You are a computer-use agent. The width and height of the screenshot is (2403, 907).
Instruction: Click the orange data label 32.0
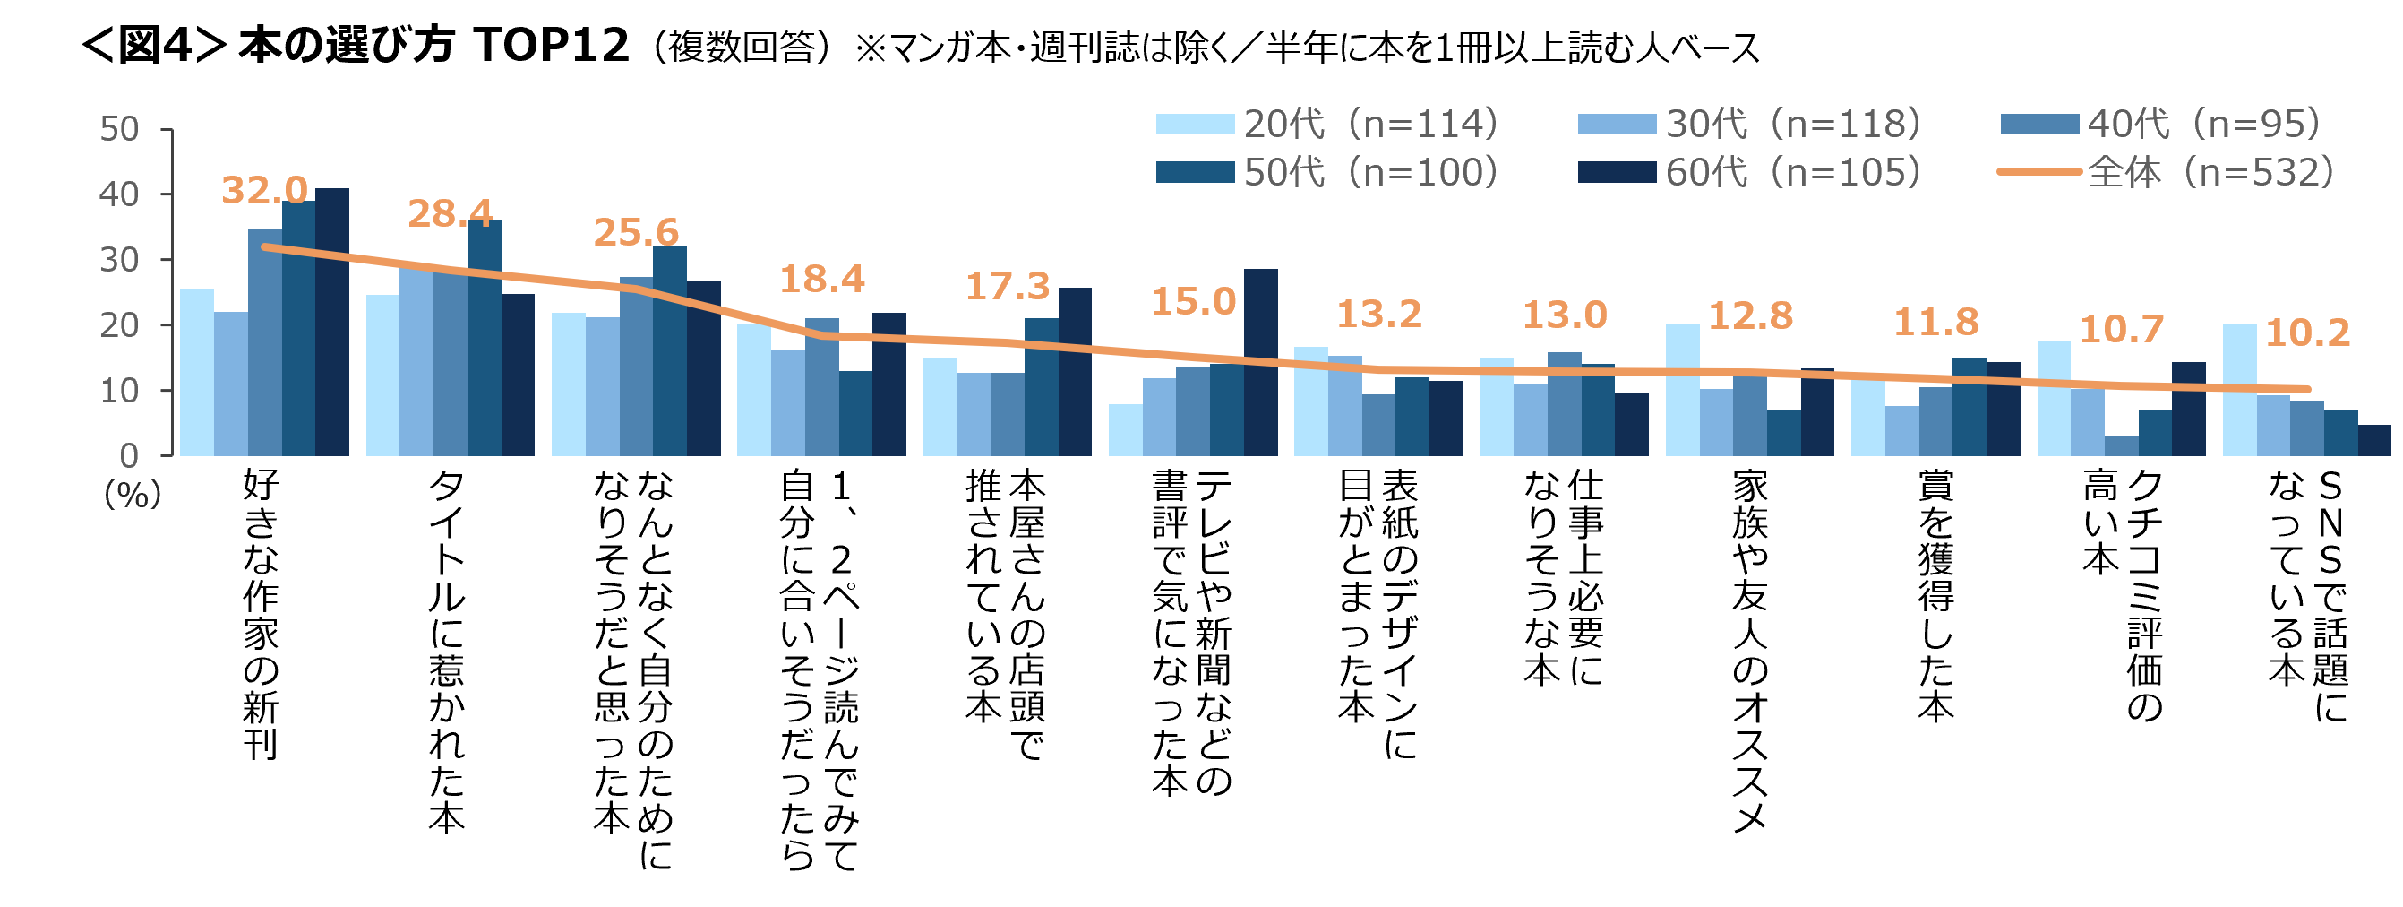[x=265, y=190]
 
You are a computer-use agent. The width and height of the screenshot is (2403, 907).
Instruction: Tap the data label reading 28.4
[x=451, y=213]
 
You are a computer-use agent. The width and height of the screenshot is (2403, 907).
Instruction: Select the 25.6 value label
[x=636, y=232]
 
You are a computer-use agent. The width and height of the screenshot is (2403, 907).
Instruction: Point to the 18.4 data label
[x=822, y=279]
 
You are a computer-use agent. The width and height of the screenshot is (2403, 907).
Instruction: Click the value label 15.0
[x=1193, y=301]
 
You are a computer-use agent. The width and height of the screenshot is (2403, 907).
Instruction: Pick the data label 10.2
[x=2308, y=333]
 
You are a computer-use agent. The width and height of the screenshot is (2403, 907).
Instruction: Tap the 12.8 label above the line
[x=1750, y=316]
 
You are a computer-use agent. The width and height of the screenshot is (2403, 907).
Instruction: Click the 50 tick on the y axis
[x=119, y=129]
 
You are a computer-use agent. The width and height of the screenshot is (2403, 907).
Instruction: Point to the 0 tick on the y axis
[x=129, y=455]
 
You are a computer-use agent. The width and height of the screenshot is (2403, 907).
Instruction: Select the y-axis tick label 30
[x=119, y=259]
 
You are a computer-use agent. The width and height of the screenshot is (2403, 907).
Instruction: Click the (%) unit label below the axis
[x=133, y=495]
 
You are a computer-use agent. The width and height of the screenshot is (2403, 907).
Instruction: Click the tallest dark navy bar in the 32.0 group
[x=332, y=322]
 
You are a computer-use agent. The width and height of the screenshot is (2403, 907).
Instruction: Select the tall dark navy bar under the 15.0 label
[x=1260, y=362]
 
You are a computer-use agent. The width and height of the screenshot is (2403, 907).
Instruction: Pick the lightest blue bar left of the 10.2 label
[x=2239, y=390]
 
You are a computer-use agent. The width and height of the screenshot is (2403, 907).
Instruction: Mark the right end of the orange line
[x=2307, y=389]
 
